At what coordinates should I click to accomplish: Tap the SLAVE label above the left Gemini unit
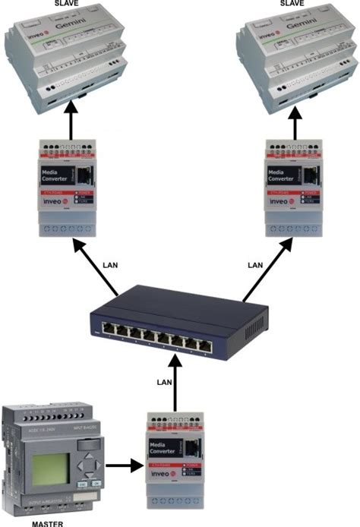point(67,4)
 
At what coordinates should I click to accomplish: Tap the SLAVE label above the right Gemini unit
point(292,4)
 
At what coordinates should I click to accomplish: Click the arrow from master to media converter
point(123,465)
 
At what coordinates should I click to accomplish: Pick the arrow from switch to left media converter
point(96,266)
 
